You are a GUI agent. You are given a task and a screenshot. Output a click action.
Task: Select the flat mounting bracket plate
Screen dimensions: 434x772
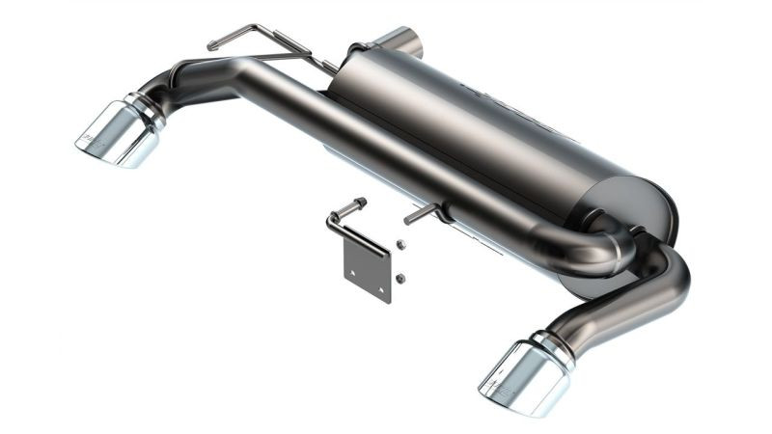[x=369, y=269]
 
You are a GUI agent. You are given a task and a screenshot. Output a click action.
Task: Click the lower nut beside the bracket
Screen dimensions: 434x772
[x=400, y=279]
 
